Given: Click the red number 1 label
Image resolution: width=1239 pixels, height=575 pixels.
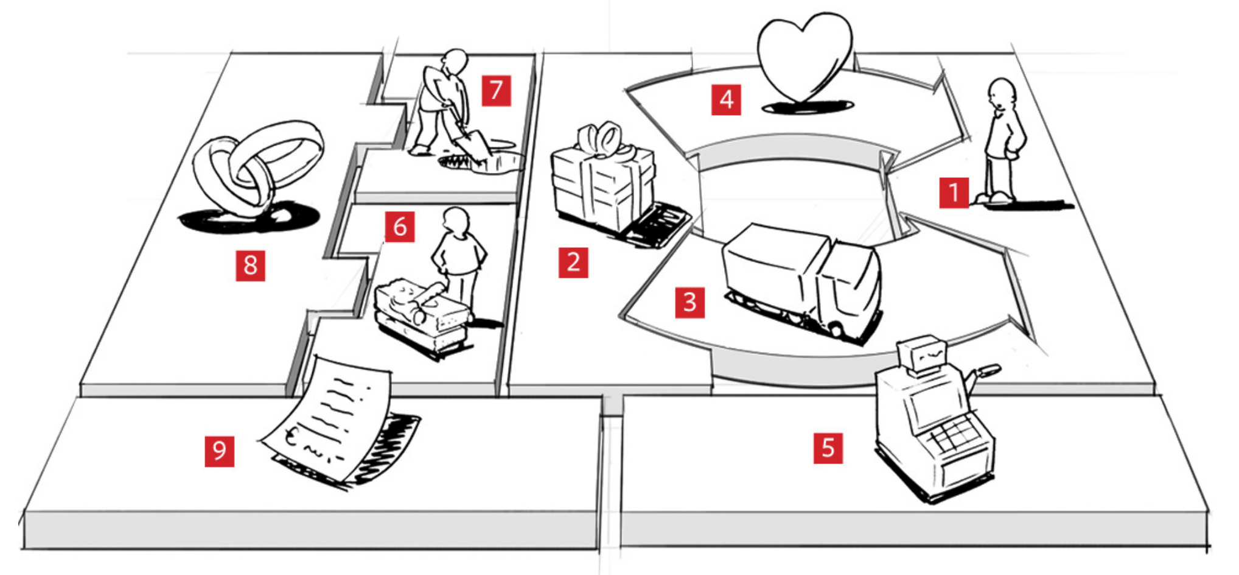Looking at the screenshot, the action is (x=954, y=192).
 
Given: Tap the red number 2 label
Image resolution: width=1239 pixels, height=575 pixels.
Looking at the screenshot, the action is (x=573, y=263).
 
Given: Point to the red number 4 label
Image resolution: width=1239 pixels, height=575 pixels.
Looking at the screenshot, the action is (x=727, y=100).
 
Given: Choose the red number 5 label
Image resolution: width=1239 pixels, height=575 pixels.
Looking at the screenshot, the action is (x=828, y=448).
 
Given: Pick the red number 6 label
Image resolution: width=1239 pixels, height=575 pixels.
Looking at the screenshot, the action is (x=400, y=227).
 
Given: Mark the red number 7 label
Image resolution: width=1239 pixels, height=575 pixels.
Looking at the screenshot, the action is (x=496, y=91).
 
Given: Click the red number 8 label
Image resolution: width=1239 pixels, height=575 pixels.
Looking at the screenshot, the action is (x=251, y=266).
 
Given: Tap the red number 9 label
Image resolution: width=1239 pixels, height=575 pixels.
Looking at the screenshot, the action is (x=219, y=451).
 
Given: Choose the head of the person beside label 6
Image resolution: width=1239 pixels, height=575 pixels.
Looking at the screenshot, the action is (x=456, y=220).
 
